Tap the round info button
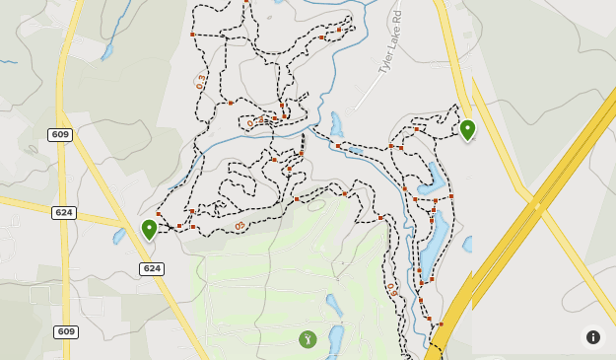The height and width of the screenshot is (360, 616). (593, 337)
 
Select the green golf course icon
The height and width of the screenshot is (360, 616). (308, 339)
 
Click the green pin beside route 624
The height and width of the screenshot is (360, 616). (149, 229)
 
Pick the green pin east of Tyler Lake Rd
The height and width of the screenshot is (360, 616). (467, 129)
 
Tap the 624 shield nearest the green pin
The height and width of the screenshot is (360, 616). (152, 268)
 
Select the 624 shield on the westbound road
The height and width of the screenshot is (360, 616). (64, 212)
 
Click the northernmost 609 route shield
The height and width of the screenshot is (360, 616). (59, 134)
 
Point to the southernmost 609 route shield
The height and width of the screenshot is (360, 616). (65, 332)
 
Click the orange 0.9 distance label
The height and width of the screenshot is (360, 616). (392, 290)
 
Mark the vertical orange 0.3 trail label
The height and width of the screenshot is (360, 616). (201, 81)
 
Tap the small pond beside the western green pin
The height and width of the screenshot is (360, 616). (120, 237)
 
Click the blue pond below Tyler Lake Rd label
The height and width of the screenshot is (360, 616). (337, 124)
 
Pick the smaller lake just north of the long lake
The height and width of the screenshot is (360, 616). (432, 179)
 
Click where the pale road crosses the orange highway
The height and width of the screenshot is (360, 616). (537, 206)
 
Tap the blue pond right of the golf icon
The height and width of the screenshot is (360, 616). (335, 336)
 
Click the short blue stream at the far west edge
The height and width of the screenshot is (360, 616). (8, 62)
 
